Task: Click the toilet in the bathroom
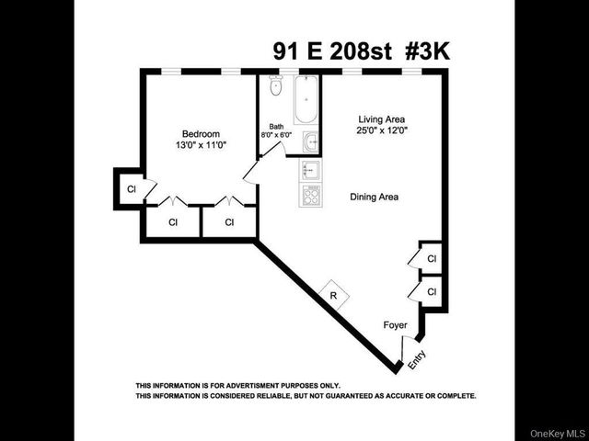click(274, 88)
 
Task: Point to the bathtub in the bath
click(306, 101)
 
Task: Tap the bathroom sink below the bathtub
click(311, 142)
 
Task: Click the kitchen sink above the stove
click(310, 171)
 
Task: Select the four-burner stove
click(310, 194)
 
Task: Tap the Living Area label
click(381, 119)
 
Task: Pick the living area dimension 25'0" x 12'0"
click(381, 131)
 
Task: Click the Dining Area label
click(374, 197)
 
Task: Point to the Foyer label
click(395, 325)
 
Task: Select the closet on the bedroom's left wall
click(130, 187)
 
